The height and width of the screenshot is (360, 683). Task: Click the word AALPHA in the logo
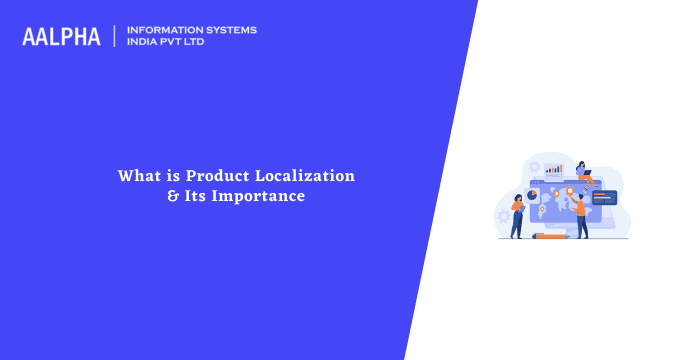(x=61, y=37)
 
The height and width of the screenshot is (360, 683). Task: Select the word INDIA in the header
(x=146, y=42)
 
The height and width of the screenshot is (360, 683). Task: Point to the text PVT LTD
(x=188, y=42)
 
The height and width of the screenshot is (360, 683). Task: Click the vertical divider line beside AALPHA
(x=115, y=36)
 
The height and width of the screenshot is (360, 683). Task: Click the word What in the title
(x=138, y=175)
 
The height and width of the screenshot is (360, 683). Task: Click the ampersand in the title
(x=172, y=196)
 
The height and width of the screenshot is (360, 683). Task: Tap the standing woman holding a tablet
(x=517, y=216)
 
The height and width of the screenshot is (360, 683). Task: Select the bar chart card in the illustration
(x=553, y=168)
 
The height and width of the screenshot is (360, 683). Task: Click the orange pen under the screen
(x=547, y=236)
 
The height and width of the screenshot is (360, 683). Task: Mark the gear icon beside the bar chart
(x=534, y=167)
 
